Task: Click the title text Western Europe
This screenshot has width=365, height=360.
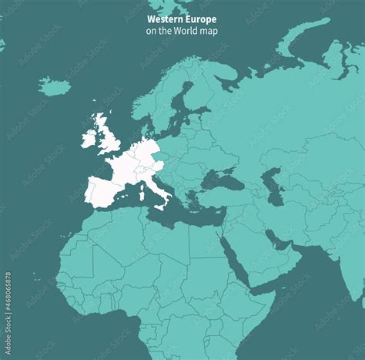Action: tap(182, 19)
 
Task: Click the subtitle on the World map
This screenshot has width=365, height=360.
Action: tap(182, 31)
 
